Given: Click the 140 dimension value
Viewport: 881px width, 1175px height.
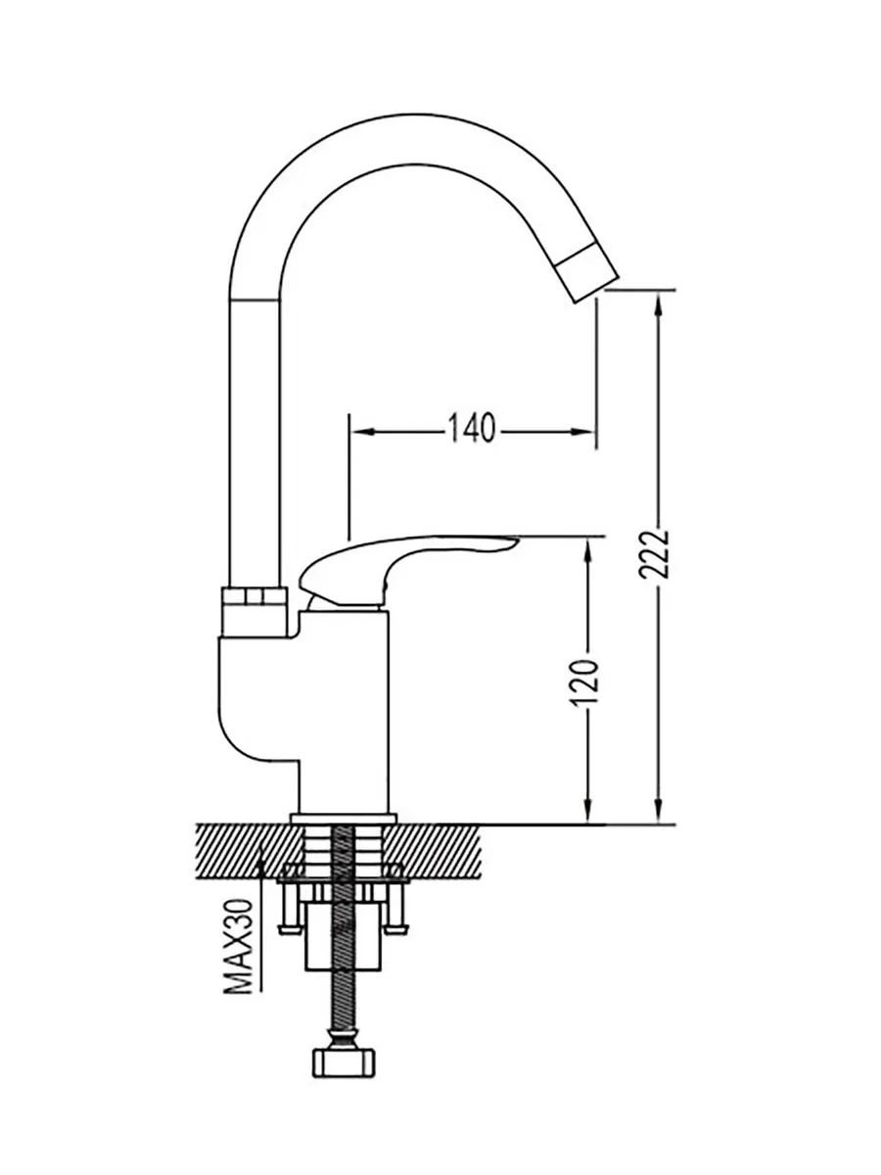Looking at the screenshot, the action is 472,428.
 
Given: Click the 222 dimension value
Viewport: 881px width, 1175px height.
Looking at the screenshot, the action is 655,554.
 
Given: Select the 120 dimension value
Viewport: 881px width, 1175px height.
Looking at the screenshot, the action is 584,683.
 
